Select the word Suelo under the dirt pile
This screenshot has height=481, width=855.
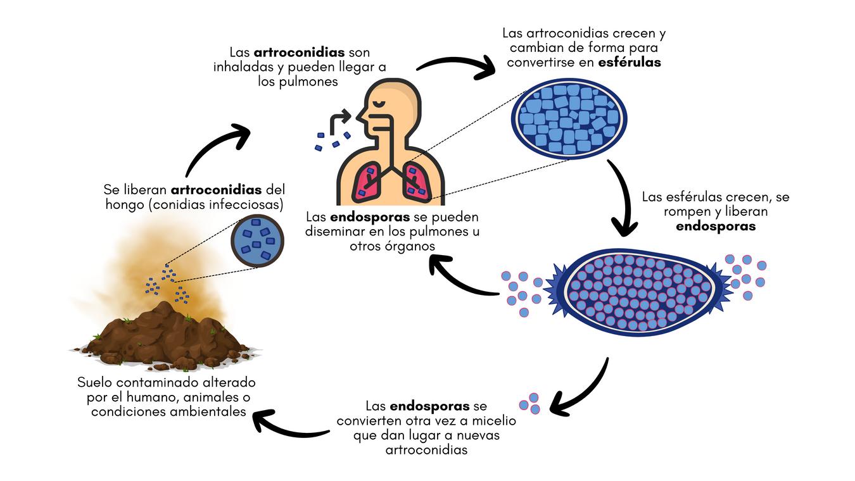98,383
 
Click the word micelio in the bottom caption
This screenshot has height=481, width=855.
495,421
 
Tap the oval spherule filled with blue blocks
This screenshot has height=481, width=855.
569,118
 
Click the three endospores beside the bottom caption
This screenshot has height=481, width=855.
530,403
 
